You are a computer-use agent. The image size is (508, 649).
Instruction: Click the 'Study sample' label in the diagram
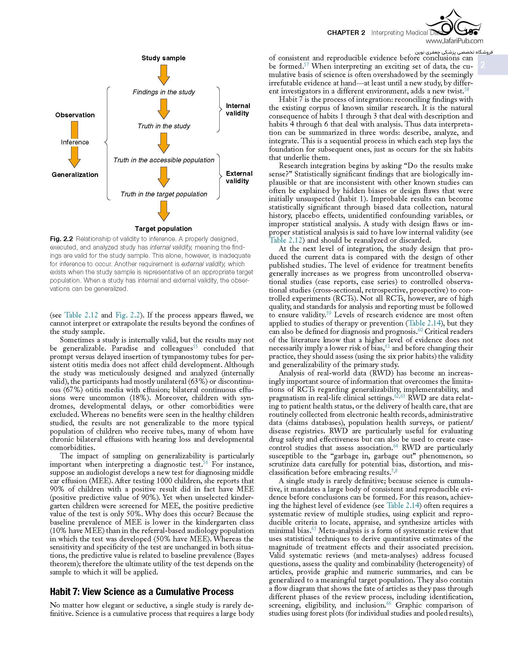tap(163, 58)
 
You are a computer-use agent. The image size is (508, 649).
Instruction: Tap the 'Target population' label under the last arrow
tap(163, 229)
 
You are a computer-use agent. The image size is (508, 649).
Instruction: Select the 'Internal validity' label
tap(238, 110)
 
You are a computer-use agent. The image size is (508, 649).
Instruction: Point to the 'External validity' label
tap(239, 177)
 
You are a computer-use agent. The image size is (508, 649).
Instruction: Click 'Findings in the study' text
tap(164, 92)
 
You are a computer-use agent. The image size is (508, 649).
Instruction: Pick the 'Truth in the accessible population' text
tap(164, 160)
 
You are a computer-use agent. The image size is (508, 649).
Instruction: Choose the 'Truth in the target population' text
tap(164, 194)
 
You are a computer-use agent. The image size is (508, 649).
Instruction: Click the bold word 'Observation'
tap(75, 115)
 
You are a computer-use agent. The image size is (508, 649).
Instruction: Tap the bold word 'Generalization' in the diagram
tap(75, 175)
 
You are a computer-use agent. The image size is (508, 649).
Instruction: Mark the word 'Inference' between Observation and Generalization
tap(75, 142)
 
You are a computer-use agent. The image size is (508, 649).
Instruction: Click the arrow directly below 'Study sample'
tap(164, 75)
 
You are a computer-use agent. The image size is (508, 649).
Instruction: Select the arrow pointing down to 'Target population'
tap(164, 211)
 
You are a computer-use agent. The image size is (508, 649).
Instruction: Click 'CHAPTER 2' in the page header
tap(346, 33)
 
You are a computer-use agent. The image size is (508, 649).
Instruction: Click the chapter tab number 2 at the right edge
tap(483, 65)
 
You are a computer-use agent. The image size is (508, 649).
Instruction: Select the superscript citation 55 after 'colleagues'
tap(195, 346)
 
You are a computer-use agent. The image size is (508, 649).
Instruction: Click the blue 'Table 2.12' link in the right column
tap(286, 241)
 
